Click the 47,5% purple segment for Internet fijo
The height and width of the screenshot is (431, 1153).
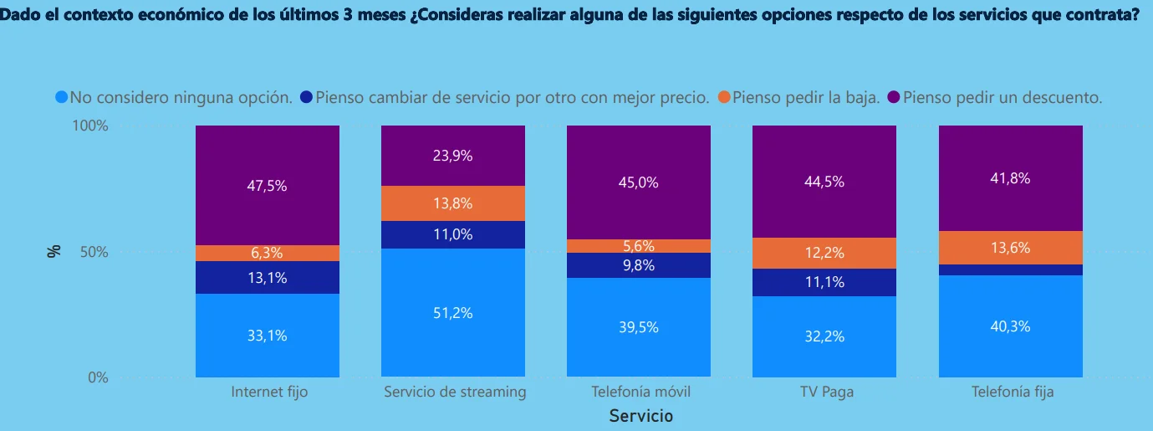pos(268,186)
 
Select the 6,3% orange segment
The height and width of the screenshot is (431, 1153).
pos(268,253)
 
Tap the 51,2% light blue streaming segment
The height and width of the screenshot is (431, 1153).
pos(453,313)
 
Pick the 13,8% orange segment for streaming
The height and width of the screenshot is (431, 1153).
pos(453,203)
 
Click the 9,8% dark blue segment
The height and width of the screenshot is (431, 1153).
pos(639,265)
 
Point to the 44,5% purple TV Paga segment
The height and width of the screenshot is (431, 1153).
pos(824,182)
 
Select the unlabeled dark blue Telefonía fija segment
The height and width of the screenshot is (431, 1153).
pos(1010,269)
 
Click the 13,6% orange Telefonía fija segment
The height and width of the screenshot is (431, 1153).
pos(1010,248)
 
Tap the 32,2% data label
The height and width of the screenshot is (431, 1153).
pos(824,336)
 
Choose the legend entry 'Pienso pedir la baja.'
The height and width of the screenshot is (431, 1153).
pos(806,97)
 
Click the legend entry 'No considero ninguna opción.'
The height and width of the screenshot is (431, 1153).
pos(181,97)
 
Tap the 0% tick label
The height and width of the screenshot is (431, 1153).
pos(99,377)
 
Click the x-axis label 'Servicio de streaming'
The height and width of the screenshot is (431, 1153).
pos(455,392)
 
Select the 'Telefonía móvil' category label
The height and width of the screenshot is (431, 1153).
pos(640,392)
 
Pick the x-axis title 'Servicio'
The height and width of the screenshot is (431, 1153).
pos(640,415)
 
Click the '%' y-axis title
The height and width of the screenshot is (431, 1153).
pos(54,251)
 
